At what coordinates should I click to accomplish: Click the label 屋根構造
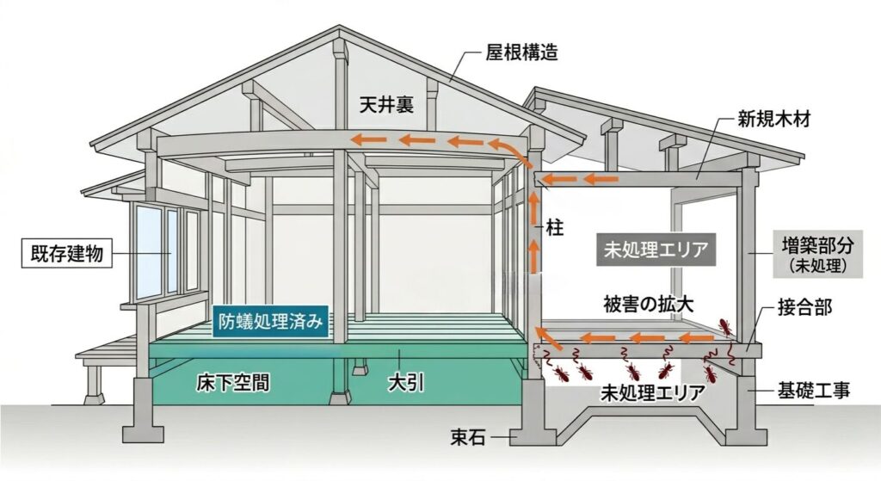pyautogui.click(x=521, y=52)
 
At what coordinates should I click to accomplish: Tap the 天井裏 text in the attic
pyautogui.click(x=387, y=104)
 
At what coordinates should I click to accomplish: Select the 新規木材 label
pyautogui.click(x=773, y=119)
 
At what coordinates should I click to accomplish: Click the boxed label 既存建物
pyautogui.click(x=67, y=254)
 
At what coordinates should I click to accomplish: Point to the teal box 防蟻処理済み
pyautogui.click(x=270, y=322)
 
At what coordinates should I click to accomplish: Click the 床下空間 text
pyautogui.click(x=232, y=383)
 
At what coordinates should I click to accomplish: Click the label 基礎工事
pyautogui.click(x=814, y=390)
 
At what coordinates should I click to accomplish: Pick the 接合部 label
pyautogui.click(x=804, y=307)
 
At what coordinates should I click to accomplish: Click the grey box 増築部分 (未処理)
pyautogui.click(x=818, y=254)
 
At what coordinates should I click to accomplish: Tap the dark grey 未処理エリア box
pyautogui.click(x=656, y=250)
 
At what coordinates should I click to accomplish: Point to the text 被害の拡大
pyautogui.click(x=649, y=304)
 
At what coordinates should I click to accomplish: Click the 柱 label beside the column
pyautogui.click(x=554, y=229)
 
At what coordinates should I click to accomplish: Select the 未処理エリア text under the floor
pyautogui.click(x=652, y=392)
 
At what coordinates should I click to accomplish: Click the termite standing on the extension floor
pyautogui.click(x=724, y=326)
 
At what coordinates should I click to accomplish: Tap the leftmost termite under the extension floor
pyautogui.click(x=559, y=373)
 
